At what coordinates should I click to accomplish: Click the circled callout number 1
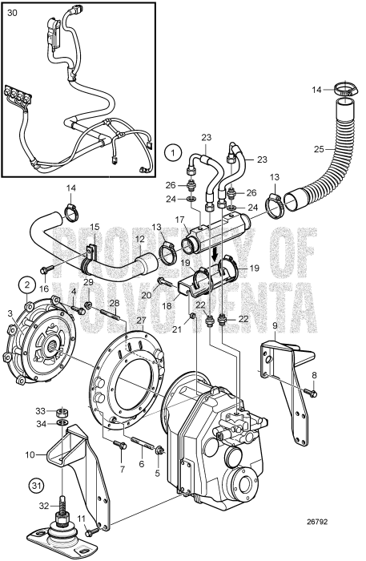pos(171,151)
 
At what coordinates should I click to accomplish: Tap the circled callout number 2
pos(26,283)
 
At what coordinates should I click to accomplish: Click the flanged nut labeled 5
pos(159,450)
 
